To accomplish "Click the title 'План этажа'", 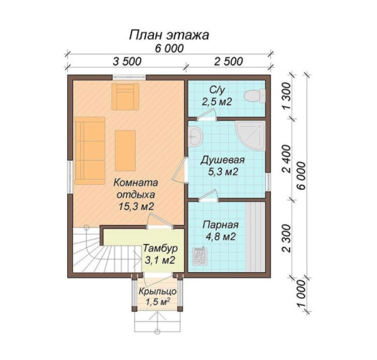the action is click(169, 35).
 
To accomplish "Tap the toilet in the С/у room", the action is click(254, 96).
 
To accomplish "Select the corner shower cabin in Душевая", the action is click(251, 136).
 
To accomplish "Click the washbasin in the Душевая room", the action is click(195, 136).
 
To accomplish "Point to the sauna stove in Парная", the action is click(200, 256).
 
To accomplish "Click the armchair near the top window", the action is click(125, 96).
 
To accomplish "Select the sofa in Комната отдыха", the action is click(90, 151).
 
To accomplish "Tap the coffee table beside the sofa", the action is click(125, 151).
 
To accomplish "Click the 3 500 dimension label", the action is click(127, 62).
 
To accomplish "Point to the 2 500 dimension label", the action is click(229, 62).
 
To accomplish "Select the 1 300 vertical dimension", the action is click(287, 96).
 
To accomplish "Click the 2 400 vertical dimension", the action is click(287, 159).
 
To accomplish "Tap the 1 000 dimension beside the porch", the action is click(301, 293).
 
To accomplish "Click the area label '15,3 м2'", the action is click(136, 206).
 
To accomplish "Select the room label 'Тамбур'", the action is click(160, 248).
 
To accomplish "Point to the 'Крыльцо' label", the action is click(158, 292).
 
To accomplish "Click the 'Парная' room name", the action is click(221, 226).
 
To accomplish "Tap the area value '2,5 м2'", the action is click(217, 102).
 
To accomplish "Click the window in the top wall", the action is click(129, 77).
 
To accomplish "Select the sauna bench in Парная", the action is click(255, 237).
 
